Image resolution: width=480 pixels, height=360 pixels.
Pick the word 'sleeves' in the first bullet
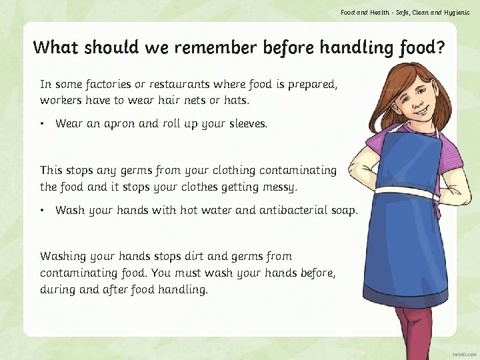(x=243, y=124)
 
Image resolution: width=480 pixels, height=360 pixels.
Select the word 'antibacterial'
(x=293, y=211)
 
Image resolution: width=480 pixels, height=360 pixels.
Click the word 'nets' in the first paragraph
(x=203, y=101)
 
